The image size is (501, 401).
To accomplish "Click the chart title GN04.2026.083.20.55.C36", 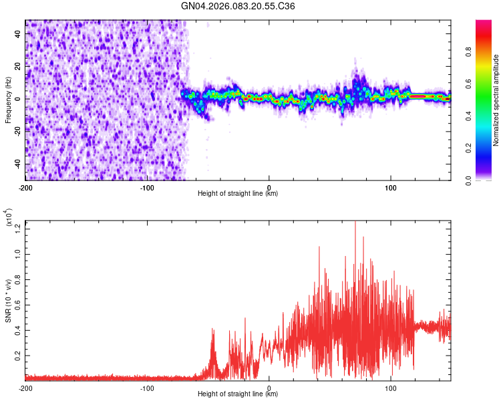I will tap(238, 6).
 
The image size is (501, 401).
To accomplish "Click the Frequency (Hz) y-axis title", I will tap(8, 100).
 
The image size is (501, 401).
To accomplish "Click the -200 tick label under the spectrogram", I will tap(25, 187).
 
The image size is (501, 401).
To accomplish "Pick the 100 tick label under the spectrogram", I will tap(390, 187).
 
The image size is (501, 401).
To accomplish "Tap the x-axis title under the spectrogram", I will tap(238, 194).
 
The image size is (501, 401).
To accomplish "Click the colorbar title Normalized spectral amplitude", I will tap(496, 100).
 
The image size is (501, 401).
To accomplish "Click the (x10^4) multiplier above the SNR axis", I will tap(9, 218).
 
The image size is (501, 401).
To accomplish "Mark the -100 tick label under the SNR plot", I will tap(147, 388).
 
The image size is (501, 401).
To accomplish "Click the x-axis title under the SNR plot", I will tap(238, 394).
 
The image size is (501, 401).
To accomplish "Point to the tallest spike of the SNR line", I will tap(355, 223).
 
